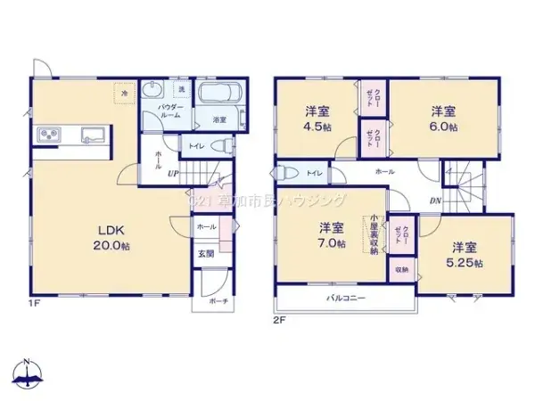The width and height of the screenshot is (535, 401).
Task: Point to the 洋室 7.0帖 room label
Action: [x=332, y=234]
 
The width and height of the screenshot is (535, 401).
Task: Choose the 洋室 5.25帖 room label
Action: [x=464, y=254]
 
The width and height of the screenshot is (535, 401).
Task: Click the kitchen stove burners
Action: [x=48, y=135]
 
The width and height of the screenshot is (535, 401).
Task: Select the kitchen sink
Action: [x=91, y=136]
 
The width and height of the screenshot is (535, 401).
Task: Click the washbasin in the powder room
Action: [x=152, y=89]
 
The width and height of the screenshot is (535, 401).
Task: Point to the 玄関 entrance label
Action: [x=205, y=255]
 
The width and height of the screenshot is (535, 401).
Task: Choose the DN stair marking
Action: [x=434, y=201]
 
